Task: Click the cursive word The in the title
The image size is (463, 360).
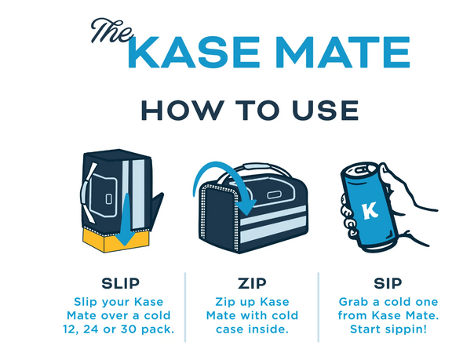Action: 111,31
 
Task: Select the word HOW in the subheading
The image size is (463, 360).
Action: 182,110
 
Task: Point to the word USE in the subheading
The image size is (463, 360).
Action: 325,110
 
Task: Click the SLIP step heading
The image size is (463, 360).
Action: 121,284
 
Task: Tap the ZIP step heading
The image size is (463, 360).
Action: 252,284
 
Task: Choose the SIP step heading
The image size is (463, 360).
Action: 388,284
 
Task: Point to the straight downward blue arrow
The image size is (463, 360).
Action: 126,220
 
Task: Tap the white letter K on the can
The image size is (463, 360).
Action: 370,210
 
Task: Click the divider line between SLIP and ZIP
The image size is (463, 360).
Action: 185,307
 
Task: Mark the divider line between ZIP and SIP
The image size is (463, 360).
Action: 319,307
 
